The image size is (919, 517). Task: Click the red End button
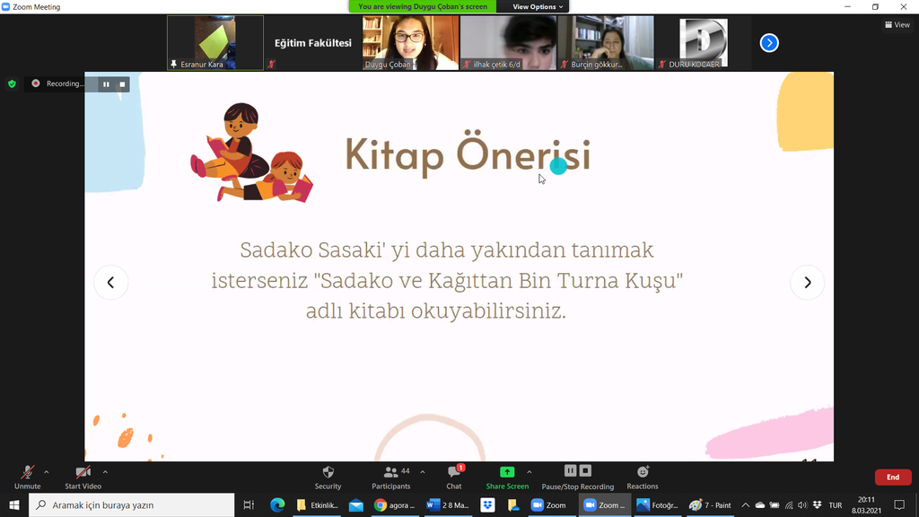(893, 478)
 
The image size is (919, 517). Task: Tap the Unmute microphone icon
(27, 472)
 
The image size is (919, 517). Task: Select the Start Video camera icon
(83, 472)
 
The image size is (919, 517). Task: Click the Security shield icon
(328, 472)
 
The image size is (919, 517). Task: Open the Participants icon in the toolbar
(390, 472)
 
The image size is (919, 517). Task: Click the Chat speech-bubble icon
(454, 472)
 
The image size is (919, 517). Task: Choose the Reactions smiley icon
(643, 472)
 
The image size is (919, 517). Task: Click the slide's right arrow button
(807, 283)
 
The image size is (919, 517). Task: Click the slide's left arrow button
(110, 283)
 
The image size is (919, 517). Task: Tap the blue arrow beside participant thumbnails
(769, 43)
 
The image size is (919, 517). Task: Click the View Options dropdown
(538, 6)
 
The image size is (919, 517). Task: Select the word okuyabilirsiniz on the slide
(488, 311)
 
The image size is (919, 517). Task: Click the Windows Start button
(14, 504)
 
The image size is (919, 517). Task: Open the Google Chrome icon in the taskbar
(381, 504)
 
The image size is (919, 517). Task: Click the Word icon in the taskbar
(433, 504)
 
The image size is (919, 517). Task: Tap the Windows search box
(131, 504)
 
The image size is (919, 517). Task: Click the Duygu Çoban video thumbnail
(410, 43)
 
